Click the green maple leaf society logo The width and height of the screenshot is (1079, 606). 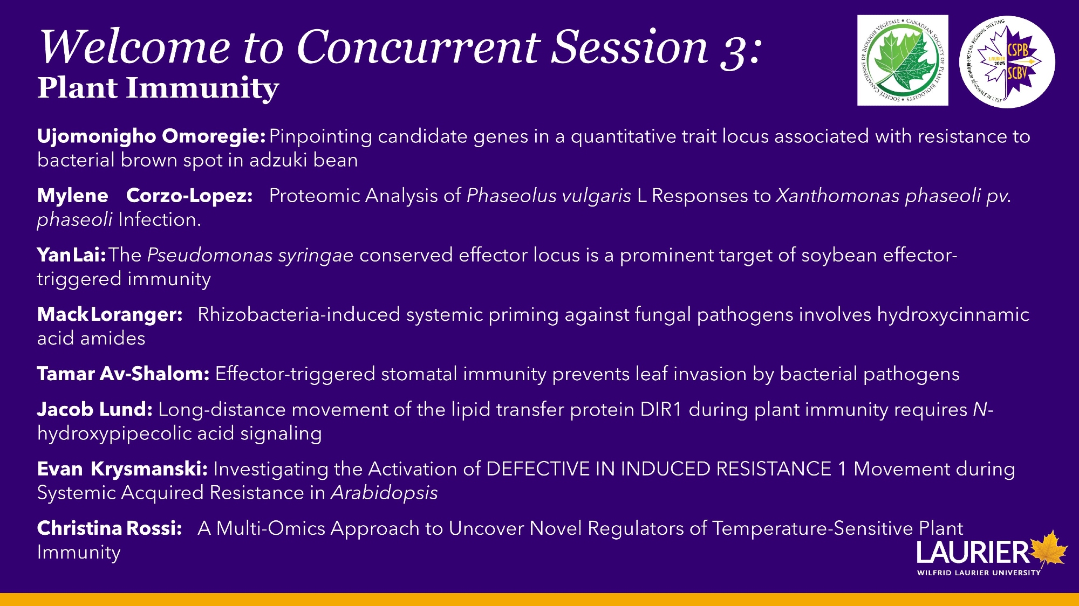pos(903,60)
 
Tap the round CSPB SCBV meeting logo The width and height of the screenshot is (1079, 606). pos(1007,61)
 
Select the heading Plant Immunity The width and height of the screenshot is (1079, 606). pos(158,88)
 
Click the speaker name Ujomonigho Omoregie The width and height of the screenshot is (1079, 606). pos(151,136)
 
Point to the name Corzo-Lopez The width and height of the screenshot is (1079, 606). pos(189,195)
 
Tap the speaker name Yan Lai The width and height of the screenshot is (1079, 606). pos(71,255)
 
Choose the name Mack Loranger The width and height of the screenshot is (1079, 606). pos(110,314)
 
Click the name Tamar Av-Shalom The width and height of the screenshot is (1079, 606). pos(123,374)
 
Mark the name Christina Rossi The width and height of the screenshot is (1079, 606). pos(110,528)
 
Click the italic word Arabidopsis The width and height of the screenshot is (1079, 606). pos(384,493)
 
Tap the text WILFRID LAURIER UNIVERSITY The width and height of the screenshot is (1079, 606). pos(979,573)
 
